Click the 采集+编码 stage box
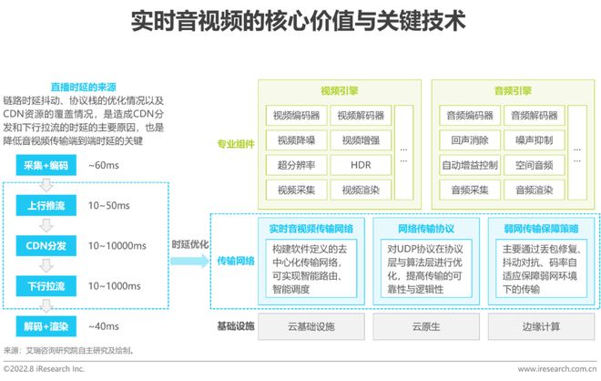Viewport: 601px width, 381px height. tap(46, 166)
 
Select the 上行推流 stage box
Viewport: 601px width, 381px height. tap(46, 207)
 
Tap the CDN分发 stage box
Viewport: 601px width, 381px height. tap(46, 247)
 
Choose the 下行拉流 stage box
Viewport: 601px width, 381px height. tap(46, 286)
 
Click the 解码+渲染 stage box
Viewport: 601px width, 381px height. tap(46, 325)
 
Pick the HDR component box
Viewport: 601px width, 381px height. tap(360, 166)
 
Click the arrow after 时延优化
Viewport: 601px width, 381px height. tap(191, 260)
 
